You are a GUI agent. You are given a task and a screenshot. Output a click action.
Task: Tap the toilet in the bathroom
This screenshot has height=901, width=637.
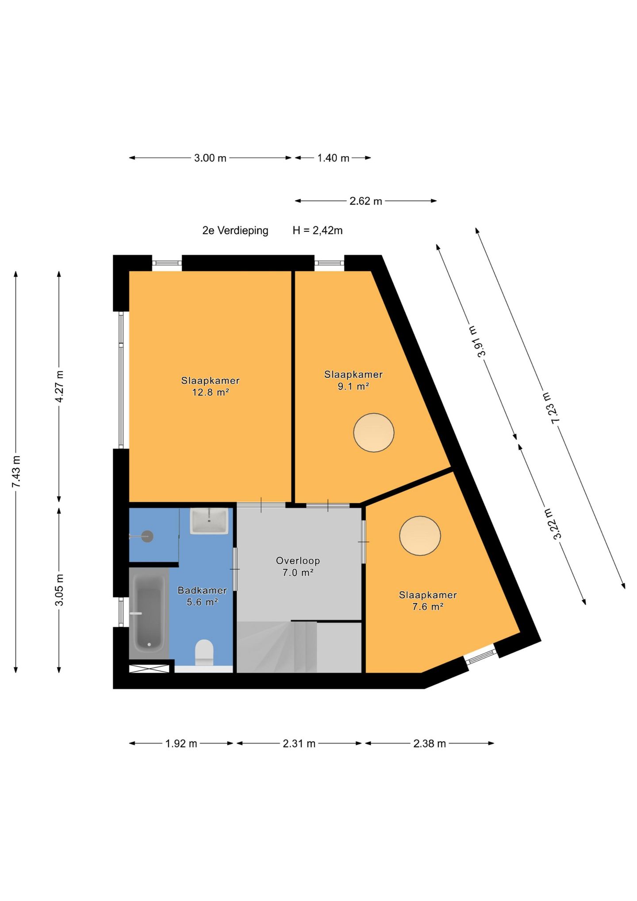coord(204,652)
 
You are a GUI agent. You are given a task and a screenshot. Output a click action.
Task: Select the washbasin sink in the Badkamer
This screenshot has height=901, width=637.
coord(209,521)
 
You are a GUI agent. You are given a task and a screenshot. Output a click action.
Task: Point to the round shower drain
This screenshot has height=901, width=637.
coord(147,536)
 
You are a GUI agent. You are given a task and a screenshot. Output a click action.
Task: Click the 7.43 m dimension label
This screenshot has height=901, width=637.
coord(16,472)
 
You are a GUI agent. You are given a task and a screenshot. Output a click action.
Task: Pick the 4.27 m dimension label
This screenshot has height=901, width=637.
coord(59,386)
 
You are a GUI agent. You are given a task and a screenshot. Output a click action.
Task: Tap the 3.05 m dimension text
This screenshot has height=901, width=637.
coord(59,590)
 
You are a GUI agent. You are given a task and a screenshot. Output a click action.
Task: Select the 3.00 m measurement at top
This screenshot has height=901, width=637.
coord(210,158)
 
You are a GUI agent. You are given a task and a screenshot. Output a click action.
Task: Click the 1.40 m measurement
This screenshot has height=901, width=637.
coord(333,158)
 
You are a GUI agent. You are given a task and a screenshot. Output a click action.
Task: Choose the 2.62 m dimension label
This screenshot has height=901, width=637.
coord(366,201)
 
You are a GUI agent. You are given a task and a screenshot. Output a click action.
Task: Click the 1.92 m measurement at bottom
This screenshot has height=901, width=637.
coord(181,743)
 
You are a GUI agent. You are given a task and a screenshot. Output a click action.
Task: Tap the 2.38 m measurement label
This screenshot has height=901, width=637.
coord(430,743)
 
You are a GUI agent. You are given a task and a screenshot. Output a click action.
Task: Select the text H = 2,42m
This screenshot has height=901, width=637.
coord(318,231)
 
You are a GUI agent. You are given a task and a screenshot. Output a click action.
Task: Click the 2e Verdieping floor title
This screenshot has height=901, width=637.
coord(235,231)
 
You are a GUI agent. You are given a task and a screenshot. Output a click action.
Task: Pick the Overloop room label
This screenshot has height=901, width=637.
coord(298,561)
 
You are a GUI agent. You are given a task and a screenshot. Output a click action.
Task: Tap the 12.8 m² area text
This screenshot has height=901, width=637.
coord(210,392)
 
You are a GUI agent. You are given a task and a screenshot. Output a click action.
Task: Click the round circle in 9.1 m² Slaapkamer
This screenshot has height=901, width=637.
coord(374,432)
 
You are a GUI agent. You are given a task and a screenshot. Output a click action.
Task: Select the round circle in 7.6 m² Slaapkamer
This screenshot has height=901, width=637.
coord(420,536)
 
